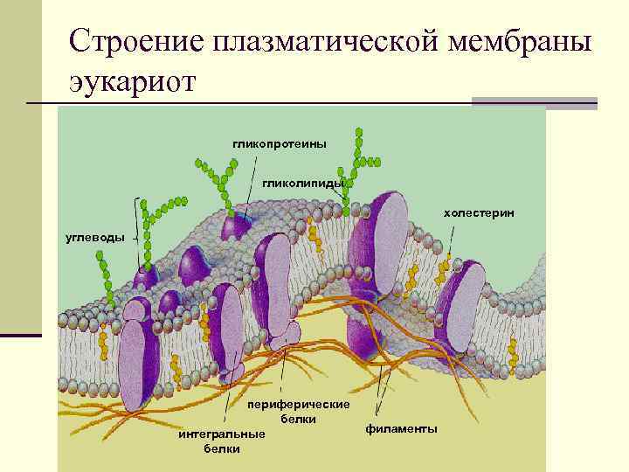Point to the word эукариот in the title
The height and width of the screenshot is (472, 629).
134,82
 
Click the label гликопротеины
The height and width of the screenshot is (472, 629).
279,143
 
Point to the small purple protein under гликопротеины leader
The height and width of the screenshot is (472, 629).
237,227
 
